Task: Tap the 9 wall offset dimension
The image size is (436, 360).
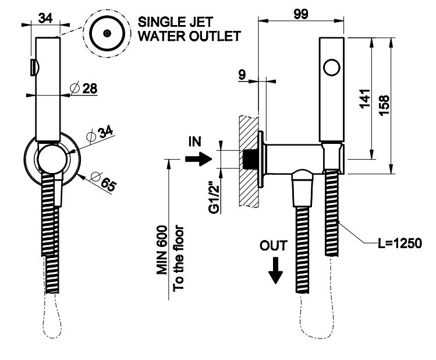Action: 242,73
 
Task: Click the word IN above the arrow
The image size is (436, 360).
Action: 194,142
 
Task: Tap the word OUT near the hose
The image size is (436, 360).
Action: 274,246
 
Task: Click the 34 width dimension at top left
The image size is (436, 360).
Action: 47,17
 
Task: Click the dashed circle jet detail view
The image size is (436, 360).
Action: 107,33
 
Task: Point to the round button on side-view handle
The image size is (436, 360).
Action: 331,68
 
